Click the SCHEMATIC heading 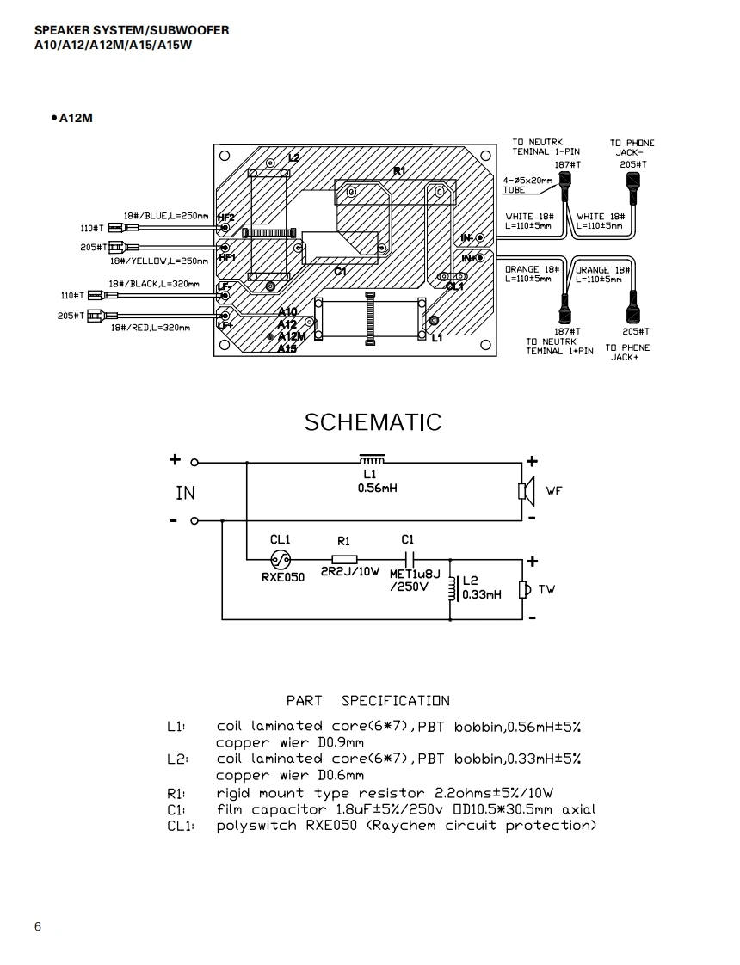[x=373, y=422]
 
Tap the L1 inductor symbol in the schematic [x=372, y=460]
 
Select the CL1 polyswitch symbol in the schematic [x=281, y=560]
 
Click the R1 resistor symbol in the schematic [x=344, y=559]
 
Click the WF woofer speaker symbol [x=526, y=491]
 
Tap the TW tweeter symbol [x=525, y=590]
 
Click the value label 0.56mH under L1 [x=378, y=488]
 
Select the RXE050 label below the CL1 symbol [x=283, y=577]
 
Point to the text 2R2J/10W [x=350, y=572]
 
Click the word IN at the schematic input [x=185, y=493]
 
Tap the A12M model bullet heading [x=72, y=118]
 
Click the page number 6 [x=38, y=927]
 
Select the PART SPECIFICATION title [x=368, y=701]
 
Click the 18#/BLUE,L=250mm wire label [x=166, y=216]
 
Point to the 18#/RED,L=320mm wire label [x=151, y=328]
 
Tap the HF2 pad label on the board [x=226, y=218]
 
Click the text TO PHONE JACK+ [x=627, y=352]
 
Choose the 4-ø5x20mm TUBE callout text [x=527, y=185]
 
